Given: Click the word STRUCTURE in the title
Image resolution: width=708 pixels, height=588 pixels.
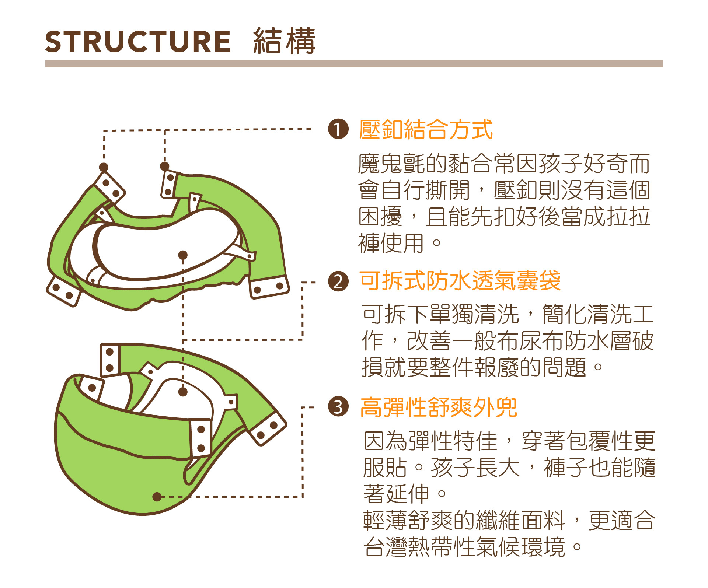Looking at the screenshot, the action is tap(138, 41).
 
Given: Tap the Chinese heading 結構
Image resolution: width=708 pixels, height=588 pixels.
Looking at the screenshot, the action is tap(285, 41).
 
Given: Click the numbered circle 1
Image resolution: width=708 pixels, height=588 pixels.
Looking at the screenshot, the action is tap(338, 129).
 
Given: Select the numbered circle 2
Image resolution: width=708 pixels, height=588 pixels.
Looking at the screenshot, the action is tap(338, 281).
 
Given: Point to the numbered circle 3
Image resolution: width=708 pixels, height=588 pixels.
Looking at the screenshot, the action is tap(338, 407).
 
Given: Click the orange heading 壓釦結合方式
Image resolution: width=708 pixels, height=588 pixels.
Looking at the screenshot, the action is tap(426, 130).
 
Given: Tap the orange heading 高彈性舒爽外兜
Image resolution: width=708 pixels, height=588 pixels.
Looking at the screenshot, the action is tap(439, 407).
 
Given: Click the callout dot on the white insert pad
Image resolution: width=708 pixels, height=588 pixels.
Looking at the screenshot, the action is tap(183, 255).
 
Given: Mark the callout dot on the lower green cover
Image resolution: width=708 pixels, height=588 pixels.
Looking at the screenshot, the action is tap(157, 497).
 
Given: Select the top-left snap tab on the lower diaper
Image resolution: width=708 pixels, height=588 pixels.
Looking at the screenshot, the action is tap(110, 360).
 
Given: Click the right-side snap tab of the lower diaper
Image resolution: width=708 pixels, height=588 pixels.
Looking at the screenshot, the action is tap(267, 428).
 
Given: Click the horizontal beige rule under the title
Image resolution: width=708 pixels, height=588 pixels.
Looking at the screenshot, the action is tap(354, 64).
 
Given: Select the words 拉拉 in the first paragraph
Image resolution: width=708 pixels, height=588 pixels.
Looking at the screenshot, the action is tap(628, 217).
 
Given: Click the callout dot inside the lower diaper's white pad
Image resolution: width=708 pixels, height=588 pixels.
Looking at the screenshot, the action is tap(183, 392).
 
